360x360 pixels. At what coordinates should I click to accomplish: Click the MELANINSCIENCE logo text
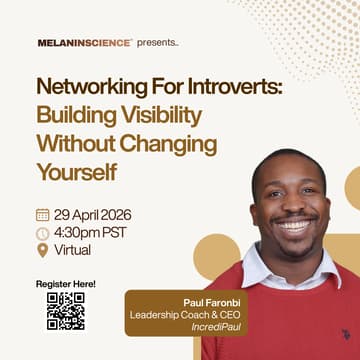(x=83, y=43)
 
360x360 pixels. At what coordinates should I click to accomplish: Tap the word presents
(x=157, y=43)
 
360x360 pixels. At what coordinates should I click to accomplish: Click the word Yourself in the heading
(x=76, y=171)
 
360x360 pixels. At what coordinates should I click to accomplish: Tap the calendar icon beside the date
(x=42, y=214)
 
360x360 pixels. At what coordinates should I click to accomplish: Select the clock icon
(x=42, y=233)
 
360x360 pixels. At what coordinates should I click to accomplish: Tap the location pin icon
(x=42, y=250)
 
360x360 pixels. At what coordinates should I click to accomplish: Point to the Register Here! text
(x=66, y=284)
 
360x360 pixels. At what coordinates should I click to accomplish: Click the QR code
(x=65, y=311)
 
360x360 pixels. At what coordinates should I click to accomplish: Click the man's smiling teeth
(x=294, y=226)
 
